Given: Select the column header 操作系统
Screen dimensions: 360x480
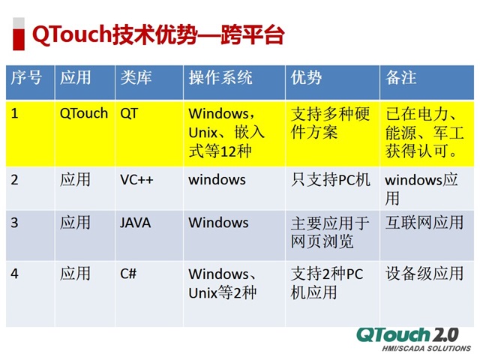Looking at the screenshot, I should (x=220, y=78).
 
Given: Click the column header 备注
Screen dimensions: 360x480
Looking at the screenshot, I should (x=401, y=78).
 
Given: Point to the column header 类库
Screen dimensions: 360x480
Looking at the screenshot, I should (x=135, y=78).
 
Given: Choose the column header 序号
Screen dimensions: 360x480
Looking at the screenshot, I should (x=26, y=78).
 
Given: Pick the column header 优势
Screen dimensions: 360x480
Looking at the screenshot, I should (x=306, y=78).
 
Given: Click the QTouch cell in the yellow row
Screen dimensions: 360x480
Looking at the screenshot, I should (x=83, y=114).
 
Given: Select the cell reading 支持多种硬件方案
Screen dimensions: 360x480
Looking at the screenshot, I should (x=330, y=123).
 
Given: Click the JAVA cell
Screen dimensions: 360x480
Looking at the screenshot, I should (x=135, y=223).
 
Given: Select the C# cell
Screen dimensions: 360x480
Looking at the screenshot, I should (x=128, y=274).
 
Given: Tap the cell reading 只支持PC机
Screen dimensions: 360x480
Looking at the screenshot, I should (x=330, y=180).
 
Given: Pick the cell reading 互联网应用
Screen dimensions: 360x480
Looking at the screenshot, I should (x=424, y=223).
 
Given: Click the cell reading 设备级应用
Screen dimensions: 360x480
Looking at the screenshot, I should (x=424, y=274).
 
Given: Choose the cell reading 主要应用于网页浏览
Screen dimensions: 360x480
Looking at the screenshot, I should (x=330, y=232).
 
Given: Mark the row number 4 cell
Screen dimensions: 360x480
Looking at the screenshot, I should (x=15, y=274).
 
